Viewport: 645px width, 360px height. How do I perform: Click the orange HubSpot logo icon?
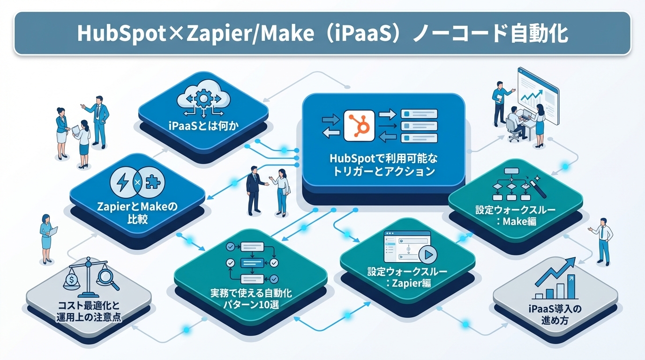point(359,125)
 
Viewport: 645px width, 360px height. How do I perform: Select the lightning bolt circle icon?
point(123,182)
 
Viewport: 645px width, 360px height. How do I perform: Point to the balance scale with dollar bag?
point(75,279)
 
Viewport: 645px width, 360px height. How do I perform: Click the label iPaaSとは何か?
point(203,127)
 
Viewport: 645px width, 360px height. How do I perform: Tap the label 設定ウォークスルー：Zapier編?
point(407,277)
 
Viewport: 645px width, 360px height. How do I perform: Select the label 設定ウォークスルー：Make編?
point(515,215)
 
